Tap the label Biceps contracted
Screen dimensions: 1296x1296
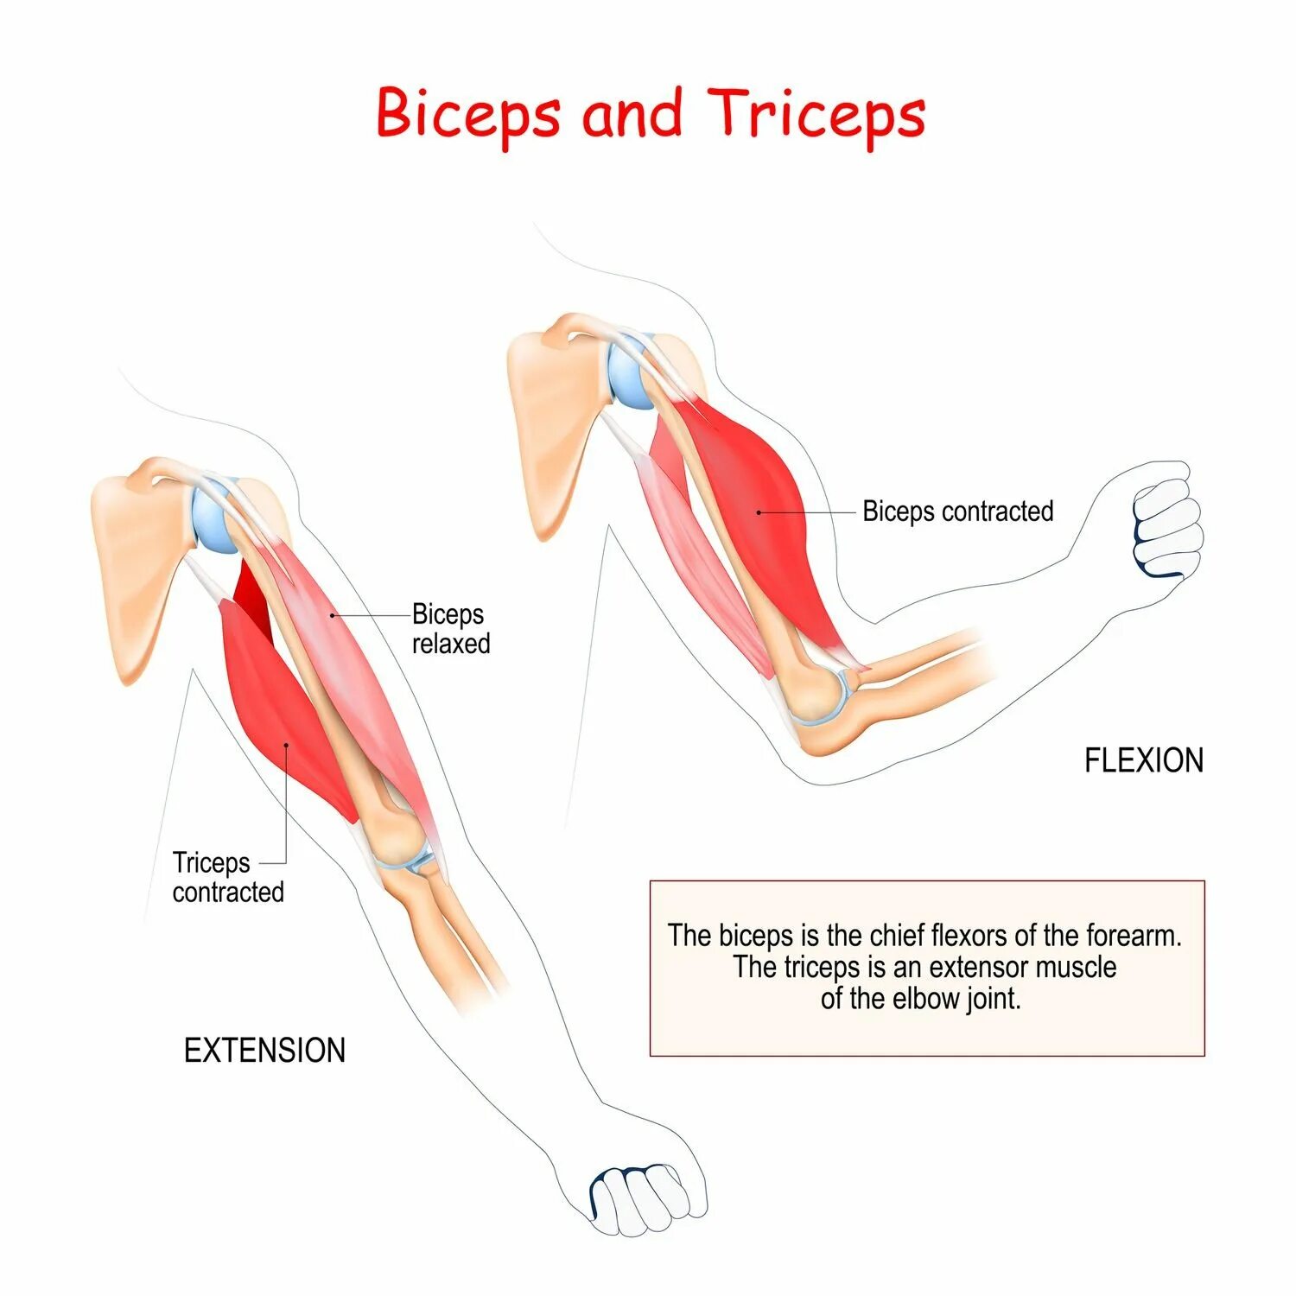(957, 511)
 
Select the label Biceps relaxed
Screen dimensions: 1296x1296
(450, 629)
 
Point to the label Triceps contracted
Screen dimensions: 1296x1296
(227, 877)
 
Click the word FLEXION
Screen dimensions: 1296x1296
(1143, 760)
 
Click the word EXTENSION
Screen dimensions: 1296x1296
(264, 1051)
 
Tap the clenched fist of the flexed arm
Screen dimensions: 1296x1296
(1166, 527)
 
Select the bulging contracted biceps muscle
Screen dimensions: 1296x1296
(760, 510)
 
